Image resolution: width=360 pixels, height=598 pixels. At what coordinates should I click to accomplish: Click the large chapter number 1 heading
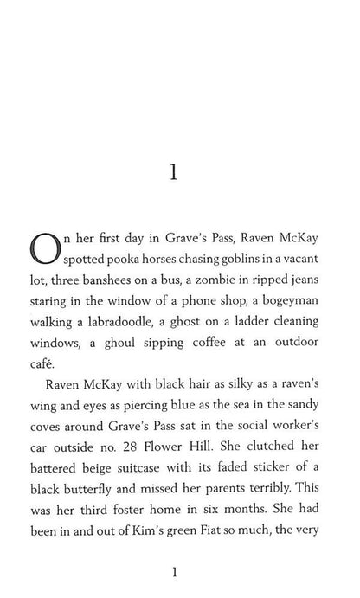click(x=174, y=173)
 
